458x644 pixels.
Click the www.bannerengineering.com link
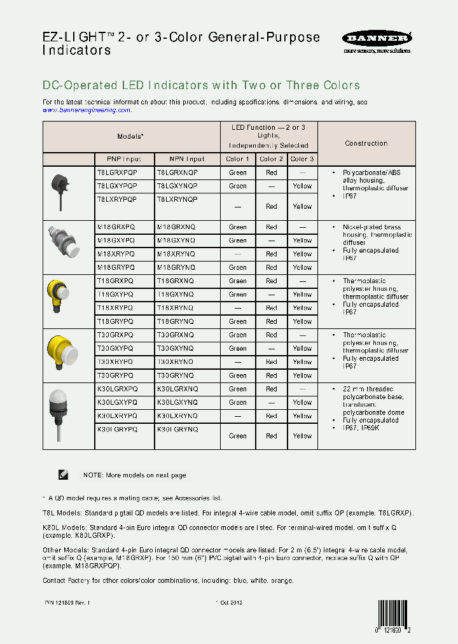pos(87,110)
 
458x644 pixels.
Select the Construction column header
pos(366,144)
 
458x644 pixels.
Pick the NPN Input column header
pos(187,159)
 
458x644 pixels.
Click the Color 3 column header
pos(302,159)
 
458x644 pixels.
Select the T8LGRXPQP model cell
pos(117,172)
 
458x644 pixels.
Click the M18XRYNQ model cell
pos(176,254)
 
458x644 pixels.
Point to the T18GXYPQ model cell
pos(115,295)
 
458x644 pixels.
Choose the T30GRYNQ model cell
pos(176,375)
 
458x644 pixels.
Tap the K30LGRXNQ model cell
pos(177,389)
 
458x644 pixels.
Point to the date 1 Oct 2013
pos(228,602)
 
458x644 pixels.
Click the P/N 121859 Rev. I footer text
pos(67,602)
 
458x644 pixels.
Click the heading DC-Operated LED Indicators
pos(201,85)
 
